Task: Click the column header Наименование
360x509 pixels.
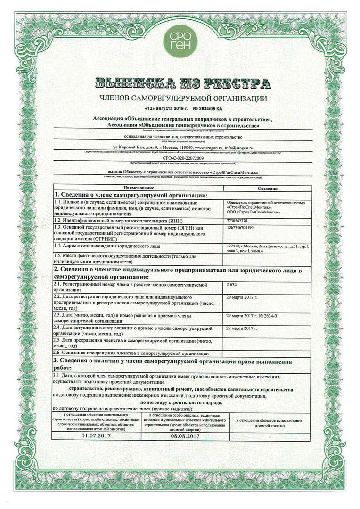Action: tap(138, 188)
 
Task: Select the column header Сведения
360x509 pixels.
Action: tap(267, 188)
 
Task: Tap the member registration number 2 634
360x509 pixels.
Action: tap(232, 285)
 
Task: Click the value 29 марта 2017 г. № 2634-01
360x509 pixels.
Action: tap(253, 315)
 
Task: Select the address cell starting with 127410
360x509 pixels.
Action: tap(266, 249)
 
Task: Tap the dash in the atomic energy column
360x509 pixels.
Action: tap(269, 437)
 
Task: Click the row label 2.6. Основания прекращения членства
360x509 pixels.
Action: tap(132, 353)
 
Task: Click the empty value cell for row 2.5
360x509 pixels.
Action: tap(267, 343)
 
